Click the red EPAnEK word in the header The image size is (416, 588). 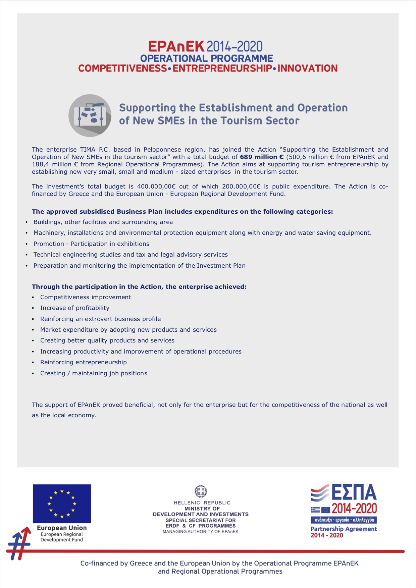click(176, 47)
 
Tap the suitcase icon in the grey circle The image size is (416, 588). click(90, 115)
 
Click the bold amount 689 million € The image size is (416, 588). click(262, 157)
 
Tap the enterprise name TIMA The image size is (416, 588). click(88, 150)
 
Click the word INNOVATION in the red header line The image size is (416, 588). click(307, 68)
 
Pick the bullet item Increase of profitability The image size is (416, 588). click(75, 308)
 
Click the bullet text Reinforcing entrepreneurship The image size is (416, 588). click(84, 362)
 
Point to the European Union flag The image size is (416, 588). click(62, 503)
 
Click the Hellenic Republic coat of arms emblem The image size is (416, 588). click(201, 491)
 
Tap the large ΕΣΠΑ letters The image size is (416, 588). click(354, 493)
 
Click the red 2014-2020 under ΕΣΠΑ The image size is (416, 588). click(354, 509)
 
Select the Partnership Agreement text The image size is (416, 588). click(344, 529)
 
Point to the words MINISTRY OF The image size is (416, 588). click(202, 509)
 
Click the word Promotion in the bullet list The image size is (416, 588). click(49, 244)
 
